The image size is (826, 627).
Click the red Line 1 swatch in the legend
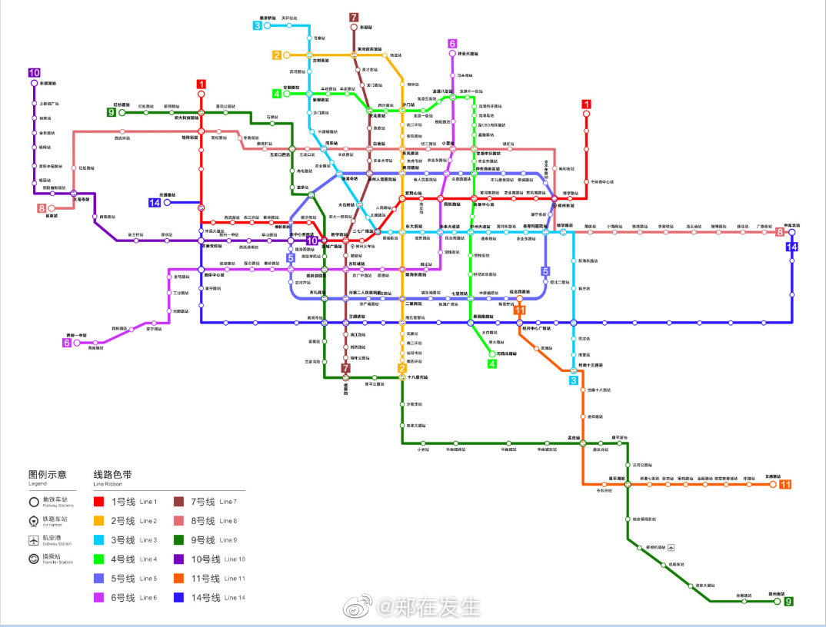click(98, 502)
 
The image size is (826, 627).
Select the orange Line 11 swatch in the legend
click(179, 579)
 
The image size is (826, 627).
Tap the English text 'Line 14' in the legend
click(235, 598)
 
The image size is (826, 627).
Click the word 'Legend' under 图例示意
click(38, 484)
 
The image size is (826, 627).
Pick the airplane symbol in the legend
click(34, 540)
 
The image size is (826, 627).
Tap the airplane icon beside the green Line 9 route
click(671, 547)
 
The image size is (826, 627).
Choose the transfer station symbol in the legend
click(34, 559)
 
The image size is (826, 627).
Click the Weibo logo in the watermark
click(359, 608)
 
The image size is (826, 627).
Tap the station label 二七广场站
click(363, 231)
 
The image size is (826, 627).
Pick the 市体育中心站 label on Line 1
click(601, 181)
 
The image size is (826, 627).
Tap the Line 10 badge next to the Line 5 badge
click(311, 241)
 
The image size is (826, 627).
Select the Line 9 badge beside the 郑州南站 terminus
click(788, 601)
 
